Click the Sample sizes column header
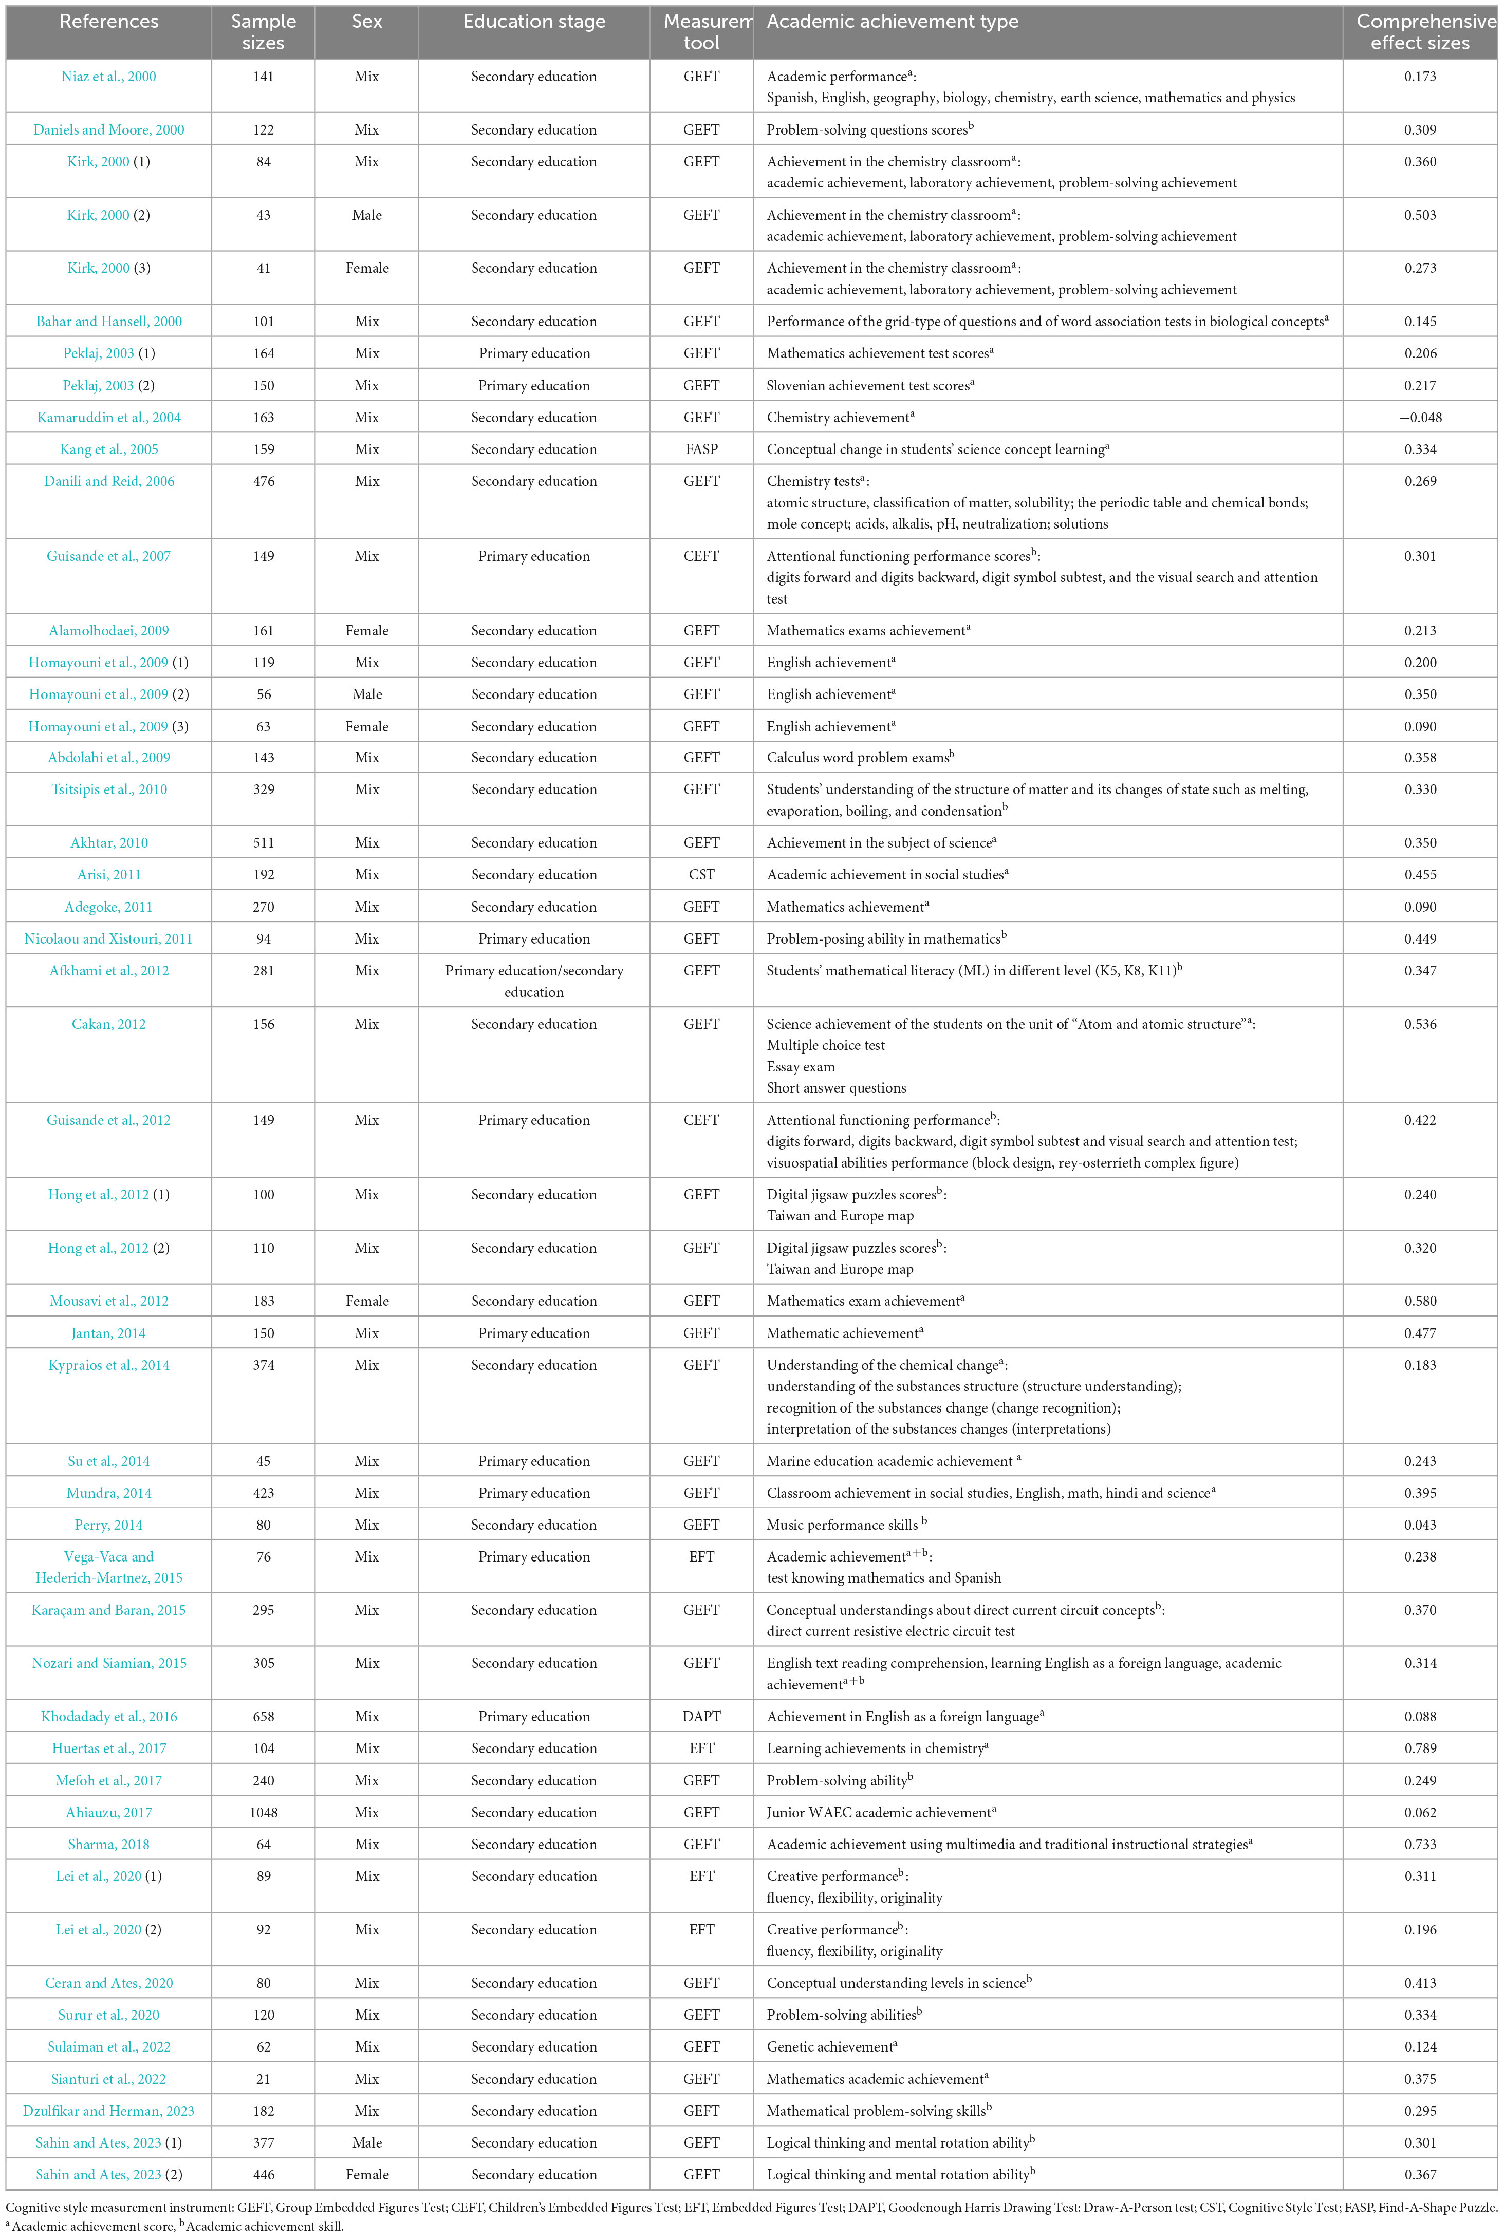point(263,32)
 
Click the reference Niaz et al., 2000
point(108,77)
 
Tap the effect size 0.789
point(1420,1748)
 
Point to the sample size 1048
point(263,1812)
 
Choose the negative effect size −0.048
point(1420,417)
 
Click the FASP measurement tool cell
point(701,449)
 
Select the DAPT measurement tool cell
point(701,1716)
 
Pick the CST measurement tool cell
point(701,874)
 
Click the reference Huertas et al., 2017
point(108,1748)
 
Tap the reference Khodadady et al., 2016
point(108,1716)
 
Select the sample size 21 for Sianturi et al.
point(263,2079)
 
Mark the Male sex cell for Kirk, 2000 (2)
point(366,215)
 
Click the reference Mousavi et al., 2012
point(108,1301)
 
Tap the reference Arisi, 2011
point(108,874)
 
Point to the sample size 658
point(263,1716)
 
